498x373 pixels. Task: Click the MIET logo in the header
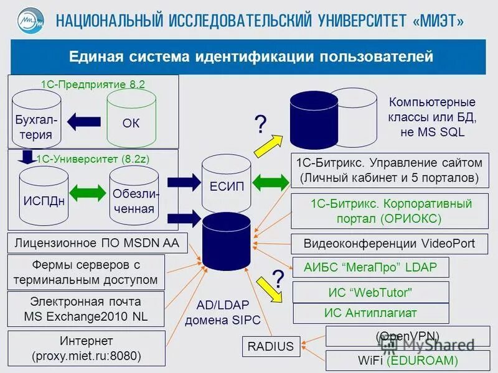point(31,20)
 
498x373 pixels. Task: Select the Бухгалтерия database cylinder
point(34,122)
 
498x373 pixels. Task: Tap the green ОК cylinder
point(131,118)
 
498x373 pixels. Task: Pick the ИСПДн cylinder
point(44,196)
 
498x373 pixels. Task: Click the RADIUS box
point(271,346)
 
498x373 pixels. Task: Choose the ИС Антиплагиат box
point(370,313)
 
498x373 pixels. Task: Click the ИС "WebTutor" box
point(370,292)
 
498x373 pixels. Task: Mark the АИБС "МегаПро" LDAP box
point(370,268)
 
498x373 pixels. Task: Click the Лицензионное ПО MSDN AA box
point(97,243)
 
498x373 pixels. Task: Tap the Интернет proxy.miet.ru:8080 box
point(87,348)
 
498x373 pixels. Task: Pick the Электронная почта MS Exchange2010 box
point(87,309)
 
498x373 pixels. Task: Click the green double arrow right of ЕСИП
point(271,182)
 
